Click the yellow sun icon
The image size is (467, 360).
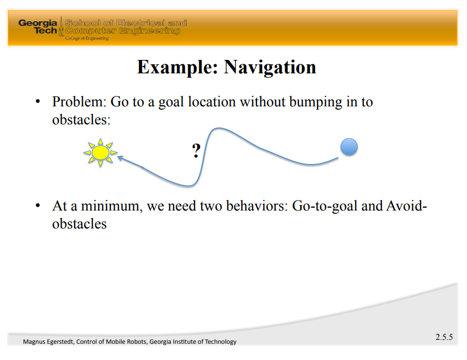point(100,152)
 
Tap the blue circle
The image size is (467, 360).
point(349,147)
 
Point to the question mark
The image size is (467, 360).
point(197,151)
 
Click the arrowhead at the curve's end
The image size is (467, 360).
point(120,158)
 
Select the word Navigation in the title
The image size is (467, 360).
point(270,67)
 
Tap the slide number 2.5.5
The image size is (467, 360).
point(444,337)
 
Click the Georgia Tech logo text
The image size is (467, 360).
point(38,27)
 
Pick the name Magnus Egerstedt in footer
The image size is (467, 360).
point(48,342)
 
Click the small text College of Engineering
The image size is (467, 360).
point(87,38)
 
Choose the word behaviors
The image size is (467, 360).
point(257,206)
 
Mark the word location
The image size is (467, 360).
point(212,102)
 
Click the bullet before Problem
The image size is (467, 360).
point(38,102)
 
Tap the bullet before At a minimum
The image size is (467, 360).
point(38,205)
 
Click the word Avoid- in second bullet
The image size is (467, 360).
point(407,206)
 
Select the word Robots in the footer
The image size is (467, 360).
point(137,342)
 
